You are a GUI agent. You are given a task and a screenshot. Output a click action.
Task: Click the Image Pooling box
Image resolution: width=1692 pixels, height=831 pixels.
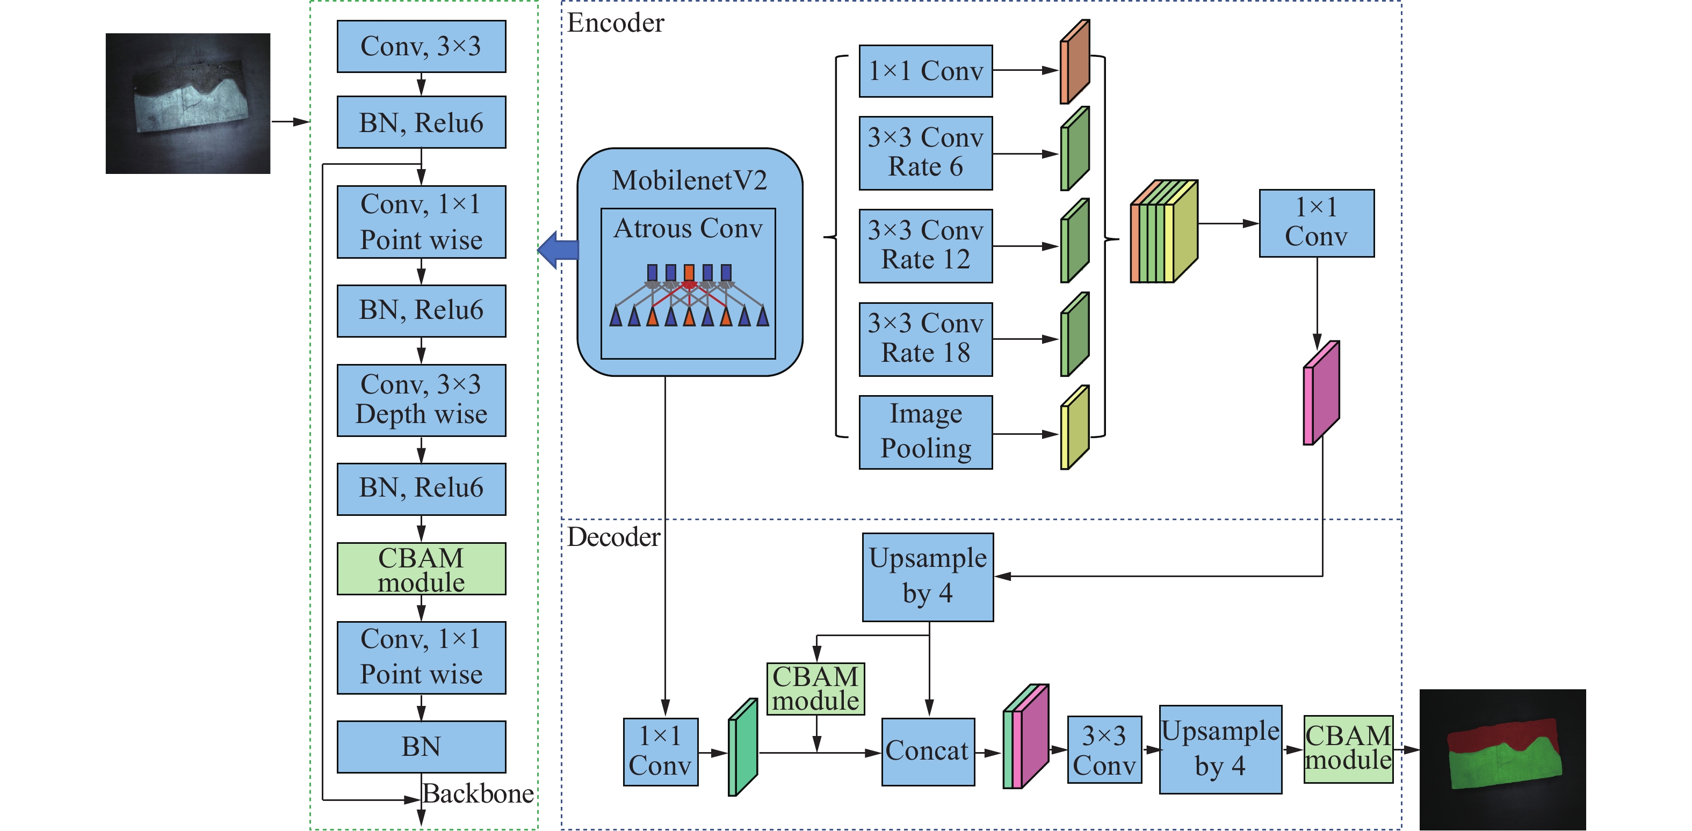925,432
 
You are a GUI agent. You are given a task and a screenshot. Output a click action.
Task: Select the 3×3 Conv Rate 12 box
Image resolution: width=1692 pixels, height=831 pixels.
925,245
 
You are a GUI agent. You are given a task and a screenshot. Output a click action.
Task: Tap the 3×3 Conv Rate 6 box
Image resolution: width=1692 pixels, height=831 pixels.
925,153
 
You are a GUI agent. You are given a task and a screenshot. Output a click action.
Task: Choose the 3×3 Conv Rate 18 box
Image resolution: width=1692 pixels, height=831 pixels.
925,339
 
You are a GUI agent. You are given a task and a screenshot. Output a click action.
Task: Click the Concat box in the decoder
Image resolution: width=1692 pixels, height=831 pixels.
928,751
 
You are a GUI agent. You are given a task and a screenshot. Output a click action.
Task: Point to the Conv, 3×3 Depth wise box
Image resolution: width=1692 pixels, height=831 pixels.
421,400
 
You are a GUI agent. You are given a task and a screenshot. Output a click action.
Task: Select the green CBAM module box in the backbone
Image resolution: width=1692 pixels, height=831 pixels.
421,568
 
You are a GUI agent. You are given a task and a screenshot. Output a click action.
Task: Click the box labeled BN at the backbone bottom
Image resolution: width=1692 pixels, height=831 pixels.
421,746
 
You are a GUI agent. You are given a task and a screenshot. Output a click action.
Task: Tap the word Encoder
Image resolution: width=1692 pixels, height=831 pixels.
616,23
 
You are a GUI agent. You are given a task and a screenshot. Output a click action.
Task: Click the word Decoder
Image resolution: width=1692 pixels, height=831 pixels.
613,537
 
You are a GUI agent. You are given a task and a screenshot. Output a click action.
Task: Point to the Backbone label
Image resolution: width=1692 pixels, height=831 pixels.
478,793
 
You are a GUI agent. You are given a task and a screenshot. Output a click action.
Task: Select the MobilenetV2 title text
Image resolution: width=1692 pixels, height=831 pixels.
689,180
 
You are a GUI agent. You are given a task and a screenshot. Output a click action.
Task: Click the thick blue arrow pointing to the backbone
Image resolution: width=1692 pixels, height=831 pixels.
558,250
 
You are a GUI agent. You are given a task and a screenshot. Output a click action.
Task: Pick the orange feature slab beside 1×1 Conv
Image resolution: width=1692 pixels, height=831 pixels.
1075,62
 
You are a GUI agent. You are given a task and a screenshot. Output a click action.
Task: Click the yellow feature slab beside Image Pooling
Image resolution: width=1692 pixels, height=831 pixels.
1075,427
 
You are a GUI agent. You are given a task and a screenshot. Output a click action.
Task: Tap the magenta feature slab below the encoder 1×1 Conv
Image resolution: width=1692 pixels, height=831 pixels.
1321,392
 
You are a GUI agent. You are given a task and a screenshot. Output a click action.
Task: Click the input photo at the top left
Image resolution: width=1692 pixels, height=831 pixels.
188,103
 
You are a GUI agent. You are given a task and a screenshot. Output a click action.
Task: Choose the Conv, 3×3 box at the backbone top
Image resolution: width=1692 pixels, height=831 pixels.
421,46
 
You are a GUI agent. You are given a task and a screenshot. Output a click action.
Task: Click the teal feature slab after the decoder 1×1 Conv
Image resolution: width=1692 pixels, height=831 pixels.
743,747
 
